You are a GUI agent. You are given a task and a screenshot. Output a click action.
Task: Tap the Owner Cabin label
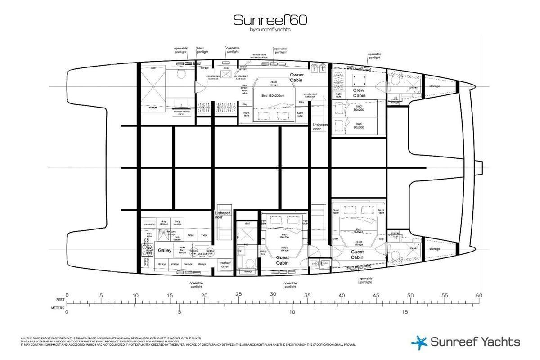(x=297, y=77)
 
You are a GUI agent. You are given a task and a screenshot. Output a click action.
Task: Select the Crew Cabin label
(x=359, y=93)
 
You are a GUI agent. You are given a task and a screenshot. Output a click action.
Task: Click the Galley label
(x=162, y=250)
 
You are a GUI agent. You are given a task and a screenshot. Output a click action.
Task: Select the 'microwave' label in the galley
(x=149, y=225)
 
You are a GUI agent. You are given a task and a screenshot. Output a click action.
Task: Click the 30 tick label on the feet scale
(x=273, y=294)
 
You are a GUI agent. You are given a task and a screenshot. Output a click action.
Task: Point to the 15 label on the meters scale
(x=405, y=311)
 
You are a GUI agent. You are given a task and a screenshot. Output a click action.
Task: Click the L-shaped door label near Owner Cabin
(x=320, y=126)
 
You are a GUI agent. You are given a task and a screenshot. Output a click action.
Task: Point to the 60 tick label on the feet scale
(x=479, y=296)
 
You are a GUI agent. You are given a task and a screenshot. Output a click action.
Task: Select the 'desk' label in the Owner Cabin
(x=226, y=68)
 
